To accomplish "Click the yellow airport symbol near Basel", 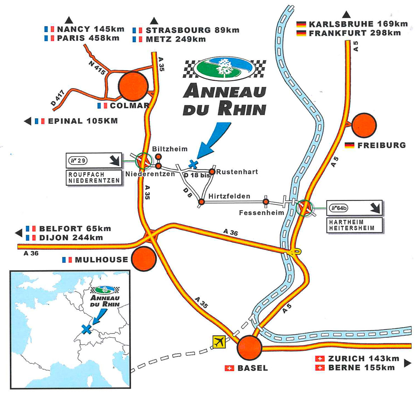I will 219,342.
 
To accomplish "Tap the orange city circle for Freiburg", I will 364,125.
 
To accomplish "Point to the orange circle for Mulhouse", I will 143,258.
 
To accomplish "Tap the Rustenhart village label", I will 237,172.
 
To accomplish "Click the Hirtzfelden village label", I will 229,196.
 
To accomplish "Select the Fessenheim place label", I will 261,212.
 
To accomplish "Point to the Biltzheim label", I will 170,149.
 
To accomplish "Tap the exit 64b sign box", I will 354,209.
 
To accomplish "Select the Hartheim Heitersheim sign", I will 354,225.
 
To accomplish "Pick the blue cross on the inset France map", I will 86,328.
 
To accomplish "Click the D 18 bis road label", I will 196,174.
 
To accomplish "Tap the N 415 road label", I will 97,66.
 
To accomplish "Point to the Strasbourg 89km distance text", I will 192,30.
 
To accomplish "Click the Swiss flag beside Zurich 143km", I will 319,359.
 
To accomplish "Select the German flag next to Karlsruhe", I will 301,24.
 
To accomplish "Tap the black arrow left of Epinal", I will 27,121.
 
